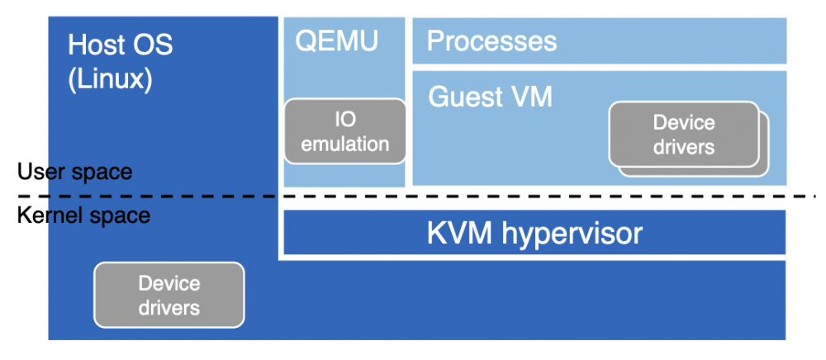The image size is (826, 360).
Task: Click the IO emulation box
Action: click(x=345, y=131)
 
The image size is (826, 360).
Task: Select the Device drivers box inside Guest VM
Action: click(x=683, y=135)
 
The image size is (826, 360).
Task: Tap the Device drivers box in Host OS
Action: click(x=169, y=295)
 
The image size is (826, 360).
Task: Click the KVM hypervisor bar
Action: click(x=534, y=233)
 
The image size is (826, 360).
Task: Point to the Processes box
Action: click(x=599, y=40)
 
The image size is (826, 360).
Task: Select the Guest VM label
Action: click(x=490, y=97)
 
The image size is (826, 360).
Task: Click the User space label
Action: click(x=74, y=172)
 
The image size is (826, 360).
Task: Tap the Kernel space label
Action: click(x=83, y=216)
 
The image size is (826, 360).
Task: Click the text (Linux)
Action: click(x=110, y=80)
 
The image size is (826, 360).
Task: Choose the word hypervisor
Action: click(x=571, y=233)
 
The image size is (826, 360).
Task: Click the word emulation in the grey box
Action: click(x=345, y=144)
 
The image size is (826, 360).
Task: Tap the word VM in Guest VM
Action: click(x=531, y=97)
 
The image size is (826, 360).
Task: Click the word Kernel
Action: click(x=49, y=216)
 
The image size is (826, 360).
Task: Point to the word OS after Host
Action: click(x=154, y=45)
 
